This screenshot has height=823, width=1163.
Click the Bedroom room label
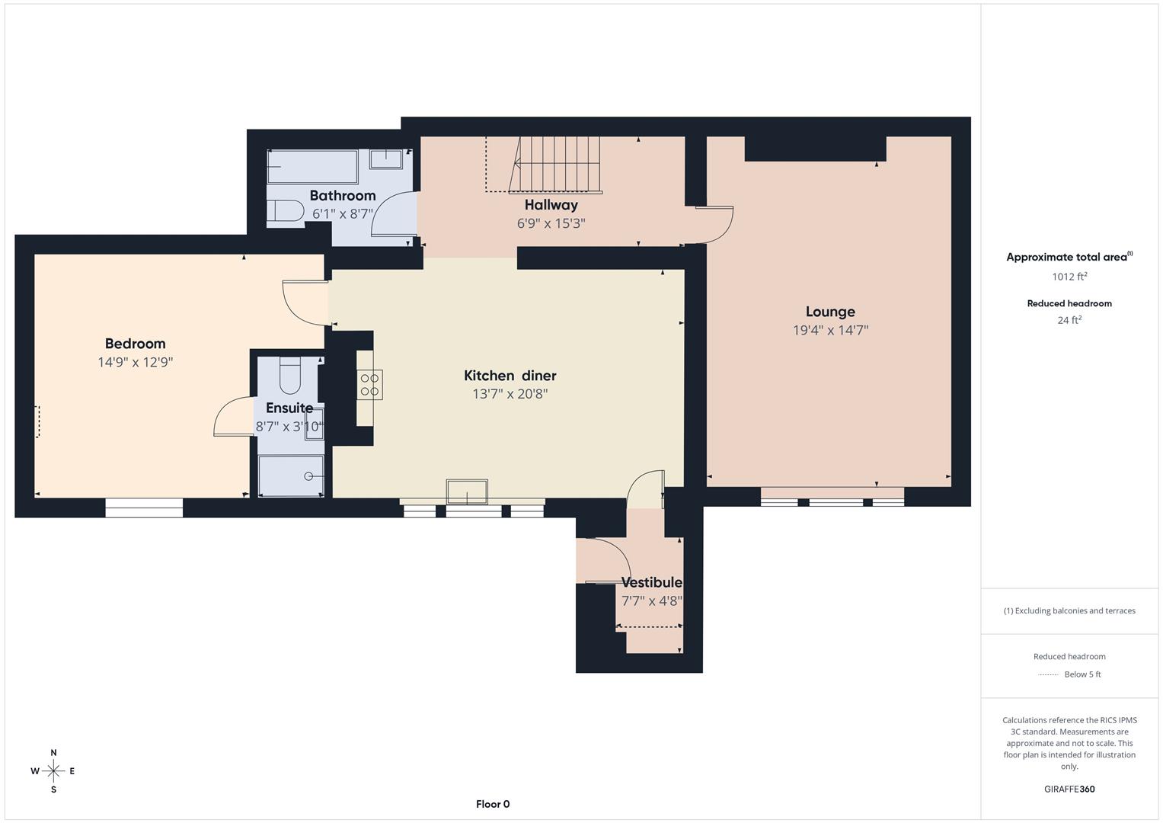[135, 344]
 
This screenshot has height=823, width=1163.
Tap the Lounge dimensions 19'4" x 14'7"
[830, 331]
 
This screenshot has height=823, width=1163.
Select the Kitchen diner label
[510, 376]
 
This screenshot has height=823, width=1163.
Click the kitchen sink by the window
[467, 492]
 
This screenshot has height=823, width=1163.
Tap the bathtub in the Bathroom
[312, 167]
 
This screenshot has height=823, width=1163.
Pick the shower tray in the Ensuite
[291, 476]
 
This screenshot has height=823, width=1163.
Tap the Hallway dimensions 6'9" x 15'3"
[551, 224]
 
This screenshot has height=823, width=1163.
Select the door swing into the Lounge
[713, 225]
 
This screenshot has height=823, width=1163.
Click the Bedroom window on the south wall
[144, 508]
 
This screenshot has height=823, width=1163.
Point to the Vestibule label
[651, 583]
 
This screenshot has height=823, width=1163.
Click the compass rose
[53, 771]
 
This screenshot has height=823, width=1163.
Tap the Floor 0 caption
[492, 804]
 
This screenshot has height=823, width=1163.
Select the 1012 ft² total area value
[1069, 277]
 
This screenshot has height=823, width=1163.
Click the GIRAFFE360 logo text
[1069, 789]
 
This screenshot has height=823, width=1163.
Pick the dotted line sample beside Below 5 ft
[1048, 675]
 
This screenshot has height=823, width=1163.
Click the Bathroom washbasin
[386, 159]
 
